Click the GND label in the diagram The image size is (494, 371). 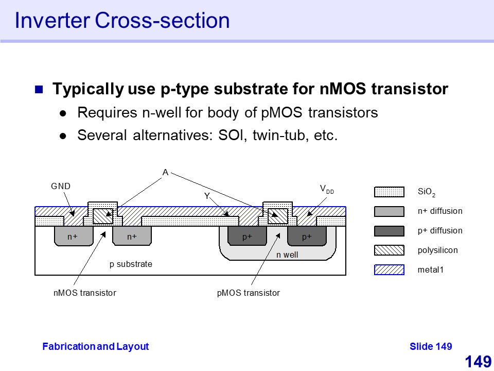click(60, 186)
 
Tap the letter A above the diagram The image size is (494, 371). click(165, 173)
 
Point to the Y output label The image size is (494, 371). click(207, 196)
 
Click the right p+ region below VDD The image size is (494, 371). click(307, 237)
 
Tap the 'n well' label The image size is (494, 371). click(287, 255)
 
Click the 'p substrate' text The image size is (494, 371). click(131, 264)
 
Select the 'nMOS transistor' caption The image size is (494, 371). click(85, 293)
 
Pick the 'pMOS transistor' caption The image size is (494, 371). click(249, 293)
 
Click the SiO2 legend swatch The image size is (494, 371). click(389, 192)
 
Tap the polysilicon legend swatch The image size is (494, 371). click(389, 250)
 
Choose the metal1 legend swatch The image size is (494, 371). click(389, 269)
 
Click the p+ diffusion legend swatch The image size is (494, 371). click(389, 230)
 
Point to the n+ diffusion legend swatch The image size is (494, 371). click(389, 211)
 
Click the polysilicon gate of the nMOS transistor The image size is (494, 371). click(102, 216)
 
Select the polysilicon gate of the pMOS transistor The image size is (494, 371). click(278, 216)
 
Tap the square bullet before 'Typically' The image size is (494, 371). click(39, 90)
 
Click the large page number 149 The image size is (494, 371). click(478, 362)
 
